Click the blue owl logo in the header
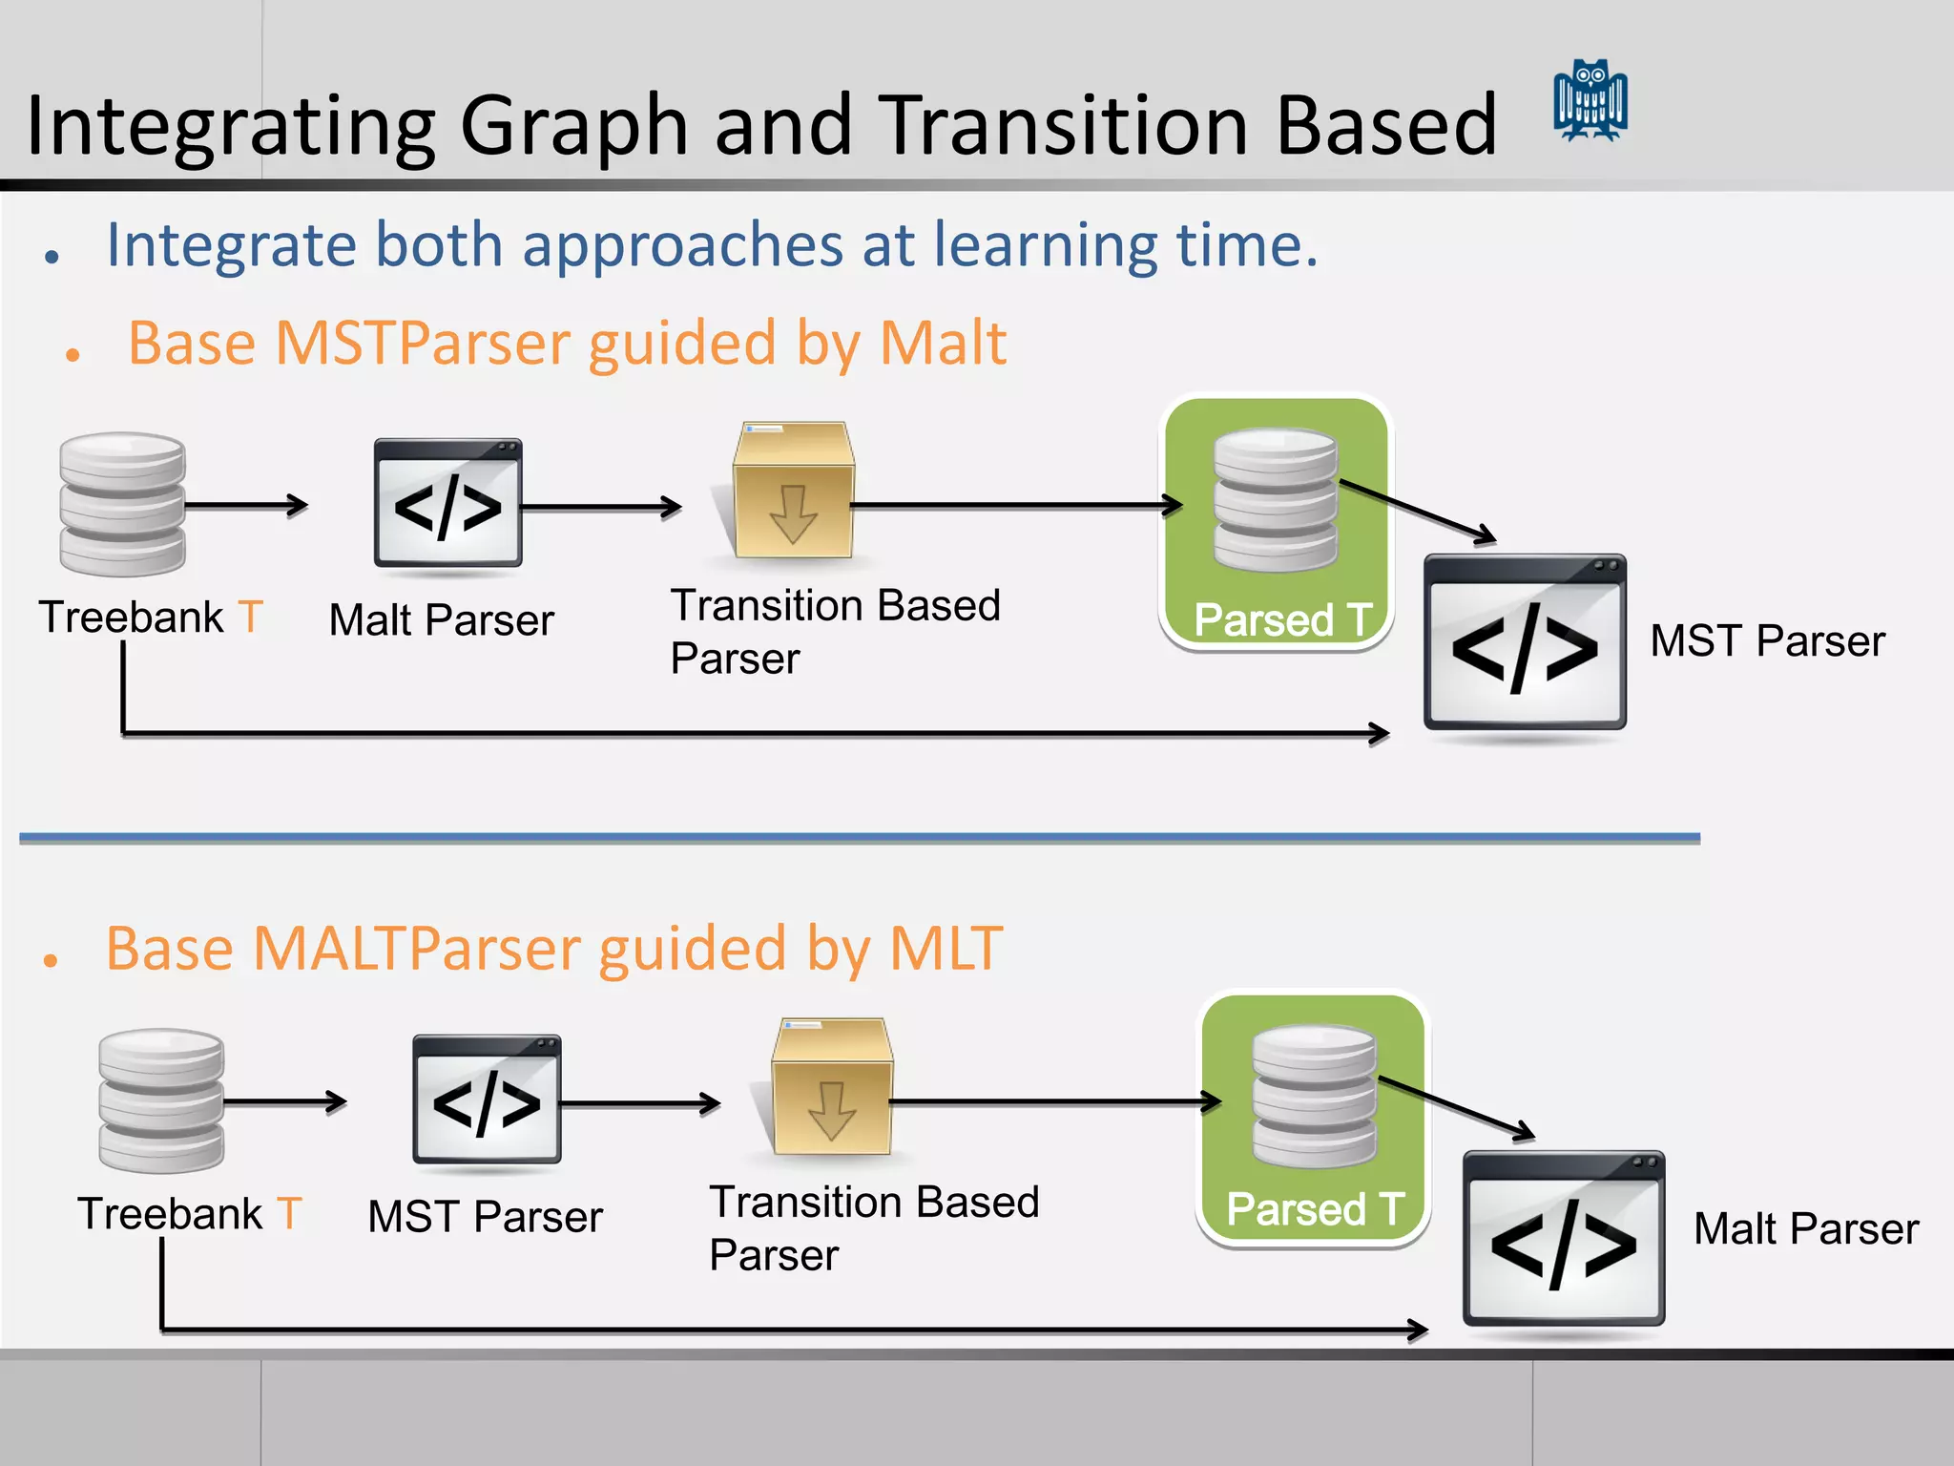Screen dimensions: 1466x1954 point(1590,101)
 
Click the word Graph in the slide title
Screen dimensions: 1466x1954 point(573,127)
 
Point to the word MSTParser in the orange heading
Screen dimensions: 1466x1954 point(421,344)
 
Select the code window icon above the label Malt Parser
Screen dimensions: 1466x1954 point(447,503)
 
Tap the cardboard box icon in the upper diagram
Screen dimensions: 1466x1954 point(793,491)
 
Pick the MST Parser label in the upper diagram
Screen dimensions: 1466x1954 point(1767,640)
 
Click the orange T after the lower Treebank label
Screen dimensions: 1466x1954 point(290,1214)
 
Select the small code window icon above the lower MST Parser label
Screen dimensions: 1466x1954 point(487,1099)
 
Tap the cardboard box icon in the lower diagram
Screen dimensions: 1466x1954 point(831,1087)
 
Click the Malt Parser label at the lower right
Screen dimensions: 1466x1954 point(1805,1229)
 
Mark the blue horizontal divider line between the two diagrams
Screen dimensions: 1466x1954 point(859,838)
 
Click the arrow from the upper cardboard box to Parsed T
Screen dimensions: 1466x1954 point(1016,505)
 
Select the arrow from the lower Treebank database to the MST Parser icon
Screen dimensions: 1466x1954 point(284,1102)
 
